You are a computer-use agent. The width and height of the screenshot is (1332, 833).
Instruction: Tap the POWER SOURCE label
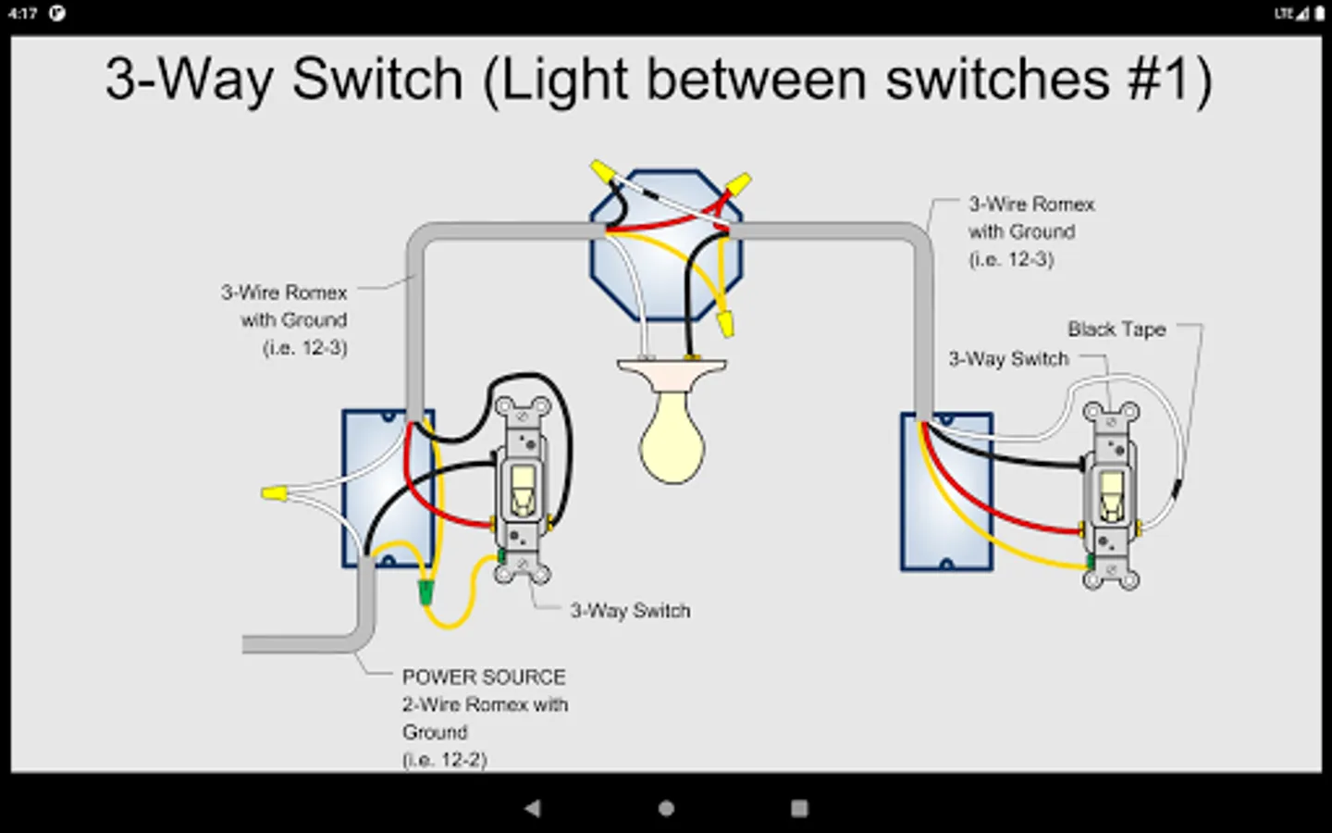[x=483, y=677]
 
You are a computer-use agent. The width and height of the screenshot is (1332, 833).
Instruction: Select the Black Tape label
[x=1116, y=329]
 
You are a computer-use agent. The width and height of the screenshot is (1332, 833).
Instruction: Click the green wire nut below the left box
[x=426, y=592]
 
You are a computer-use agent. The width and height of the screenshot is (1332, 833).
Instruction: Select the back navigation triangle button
[x=533, y=808]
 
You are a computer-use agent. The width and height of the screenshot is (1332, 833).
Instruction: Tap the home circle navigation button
[x=666, y=808]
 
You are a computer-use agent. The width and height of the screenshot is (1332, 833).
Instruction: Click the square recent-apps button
[x=799, y=808]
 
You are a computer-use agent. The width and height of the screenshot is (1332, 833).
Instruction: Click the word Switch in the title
[x=376, y=80]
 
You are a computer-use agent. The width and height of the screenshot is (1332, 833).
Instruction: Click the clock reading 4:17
[x=23, y=14]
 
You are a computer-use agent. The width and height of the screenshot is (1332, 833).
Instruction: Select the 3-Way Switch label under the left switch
[x=630, y=611]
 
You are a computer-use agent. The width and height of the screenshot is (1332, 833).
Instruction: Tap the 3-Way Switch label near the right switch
[x=1008, y=358]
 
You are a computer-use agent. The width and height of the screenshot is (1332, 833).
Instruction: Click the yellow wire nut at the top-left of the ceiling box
[x=603, y=172]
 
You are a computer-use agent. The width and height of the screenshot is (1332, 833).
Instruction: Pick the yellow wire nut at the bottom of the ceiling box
[x=726, y=323]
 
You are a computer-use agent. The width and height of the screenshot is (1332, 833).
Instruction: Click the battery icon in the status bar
[x=1319, y=14]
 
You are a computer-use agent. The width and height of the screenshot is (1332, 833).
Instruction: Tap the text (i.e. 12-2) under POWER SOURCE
[x=444, y=760]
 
